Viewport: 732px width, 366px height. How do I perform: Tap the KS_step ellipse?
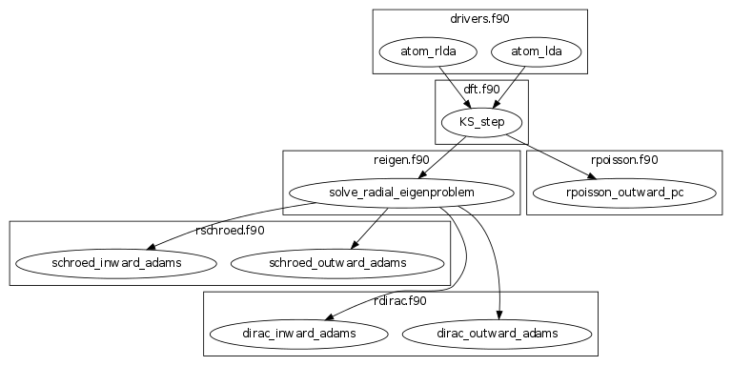[481, 122]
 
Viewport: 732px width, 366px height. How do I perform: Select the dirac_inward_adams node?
[297, 334]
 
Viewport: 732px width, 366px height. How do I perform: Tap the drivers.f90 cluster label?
[478, 17]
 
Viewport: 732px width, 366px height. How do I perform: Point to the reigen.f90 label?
[400, 159]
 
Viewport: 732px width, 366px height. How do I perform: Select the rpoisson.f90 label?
[624, 159]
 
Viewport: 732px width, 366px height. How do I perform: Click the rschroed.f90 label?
[229, 230]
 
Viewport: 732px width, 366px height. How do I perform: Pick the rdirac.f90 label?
[400, 300]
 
